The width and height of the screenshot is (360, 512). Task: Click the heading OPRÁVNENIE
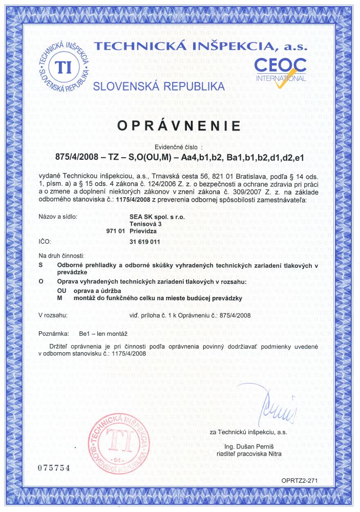(180, 125)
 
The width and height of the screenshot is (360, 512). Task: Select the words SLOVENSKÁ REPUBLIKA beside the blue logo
(159, 85)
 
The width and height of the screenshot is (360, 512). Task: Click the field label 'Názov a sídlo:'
(58, 217)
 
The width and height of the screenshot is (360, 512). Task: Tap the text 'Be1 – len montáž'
(103, 333)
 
